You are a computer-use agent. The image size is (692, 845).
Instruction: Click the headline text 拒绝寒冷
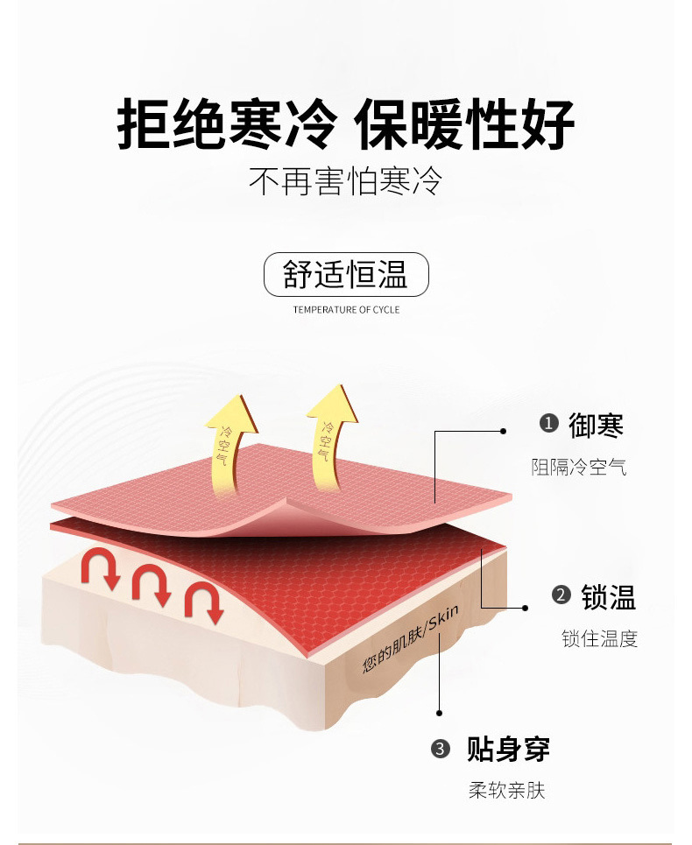click(x=227, y=124)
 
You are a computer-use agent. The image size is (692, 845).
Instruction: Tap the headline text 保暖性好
click(x=464, y=124)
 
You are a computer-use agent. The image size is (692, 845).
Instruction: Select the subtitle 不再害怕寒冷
click(x=345, y=181)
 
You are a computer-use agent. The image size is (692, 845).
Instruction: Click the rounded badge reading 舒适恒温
click(x=346, y=274)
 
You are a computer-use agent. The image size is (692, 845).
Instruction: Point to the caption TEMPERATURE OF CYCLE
click(x=347, y=309)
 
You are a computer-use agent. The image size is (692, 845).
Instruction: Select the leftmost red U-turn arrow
click(x=100, y=566)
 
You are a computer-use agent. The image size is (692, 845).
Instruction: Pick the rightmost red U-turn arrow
click(x=204, y=601)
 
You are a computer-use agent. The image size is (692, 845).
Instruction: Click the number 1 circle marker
click(x=548, y=423)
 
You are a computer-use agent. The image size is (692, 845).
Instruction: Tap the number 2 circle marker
click(x=561, y=595)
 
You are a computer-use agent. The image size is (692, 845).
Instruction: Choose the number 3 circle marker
click(x=441, y=749)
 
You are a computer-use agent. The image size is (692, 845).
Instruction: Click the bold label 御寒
click(x=596, y=426)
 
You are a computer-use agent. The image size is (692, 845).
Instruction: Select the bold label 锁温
click(x=609, y=597)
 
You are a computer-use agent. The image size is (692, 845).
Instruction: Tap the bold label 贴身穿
click(x=508, y=749)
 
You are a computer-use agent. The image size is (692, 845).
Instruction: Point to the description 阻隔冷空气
click(x=579, y=467)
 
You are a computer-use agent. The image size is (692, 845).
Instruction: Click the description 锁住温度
click(x=599, y=638)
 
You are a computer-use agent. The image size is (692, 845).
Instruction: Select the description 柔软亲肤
click(x=506, y=791)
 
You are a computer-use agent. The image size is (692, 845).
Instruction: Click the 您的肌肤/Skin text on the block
click(x=411, y=638)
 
